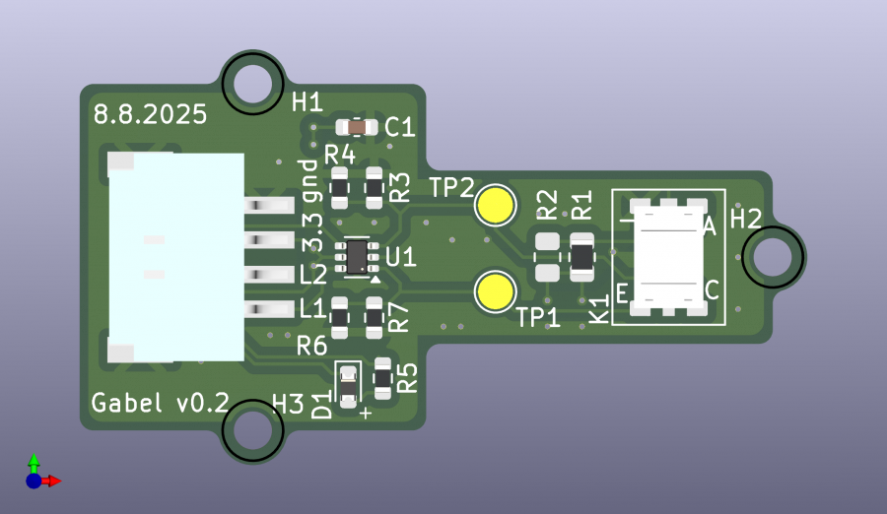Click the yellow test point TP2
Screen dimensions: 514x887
495,205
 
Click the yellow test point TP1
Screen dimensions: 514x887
495,292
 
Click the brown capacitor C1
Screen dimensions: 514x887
356,127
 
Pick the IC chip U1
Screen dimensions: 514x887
358,256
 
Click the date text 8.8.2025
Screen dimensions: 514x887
150,114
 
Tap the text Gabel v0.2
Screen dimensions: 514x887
160,403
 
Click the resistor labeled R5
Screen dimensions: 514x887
383,377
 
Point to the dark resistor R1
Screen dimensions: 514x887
582,257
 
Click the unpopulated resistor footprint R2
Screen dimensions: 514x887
546,257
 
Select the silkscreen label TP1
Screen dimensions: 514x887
538,318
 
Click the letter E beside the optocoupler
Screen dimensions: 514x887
622,292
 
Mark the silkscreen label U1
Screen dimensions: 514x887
401,259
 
